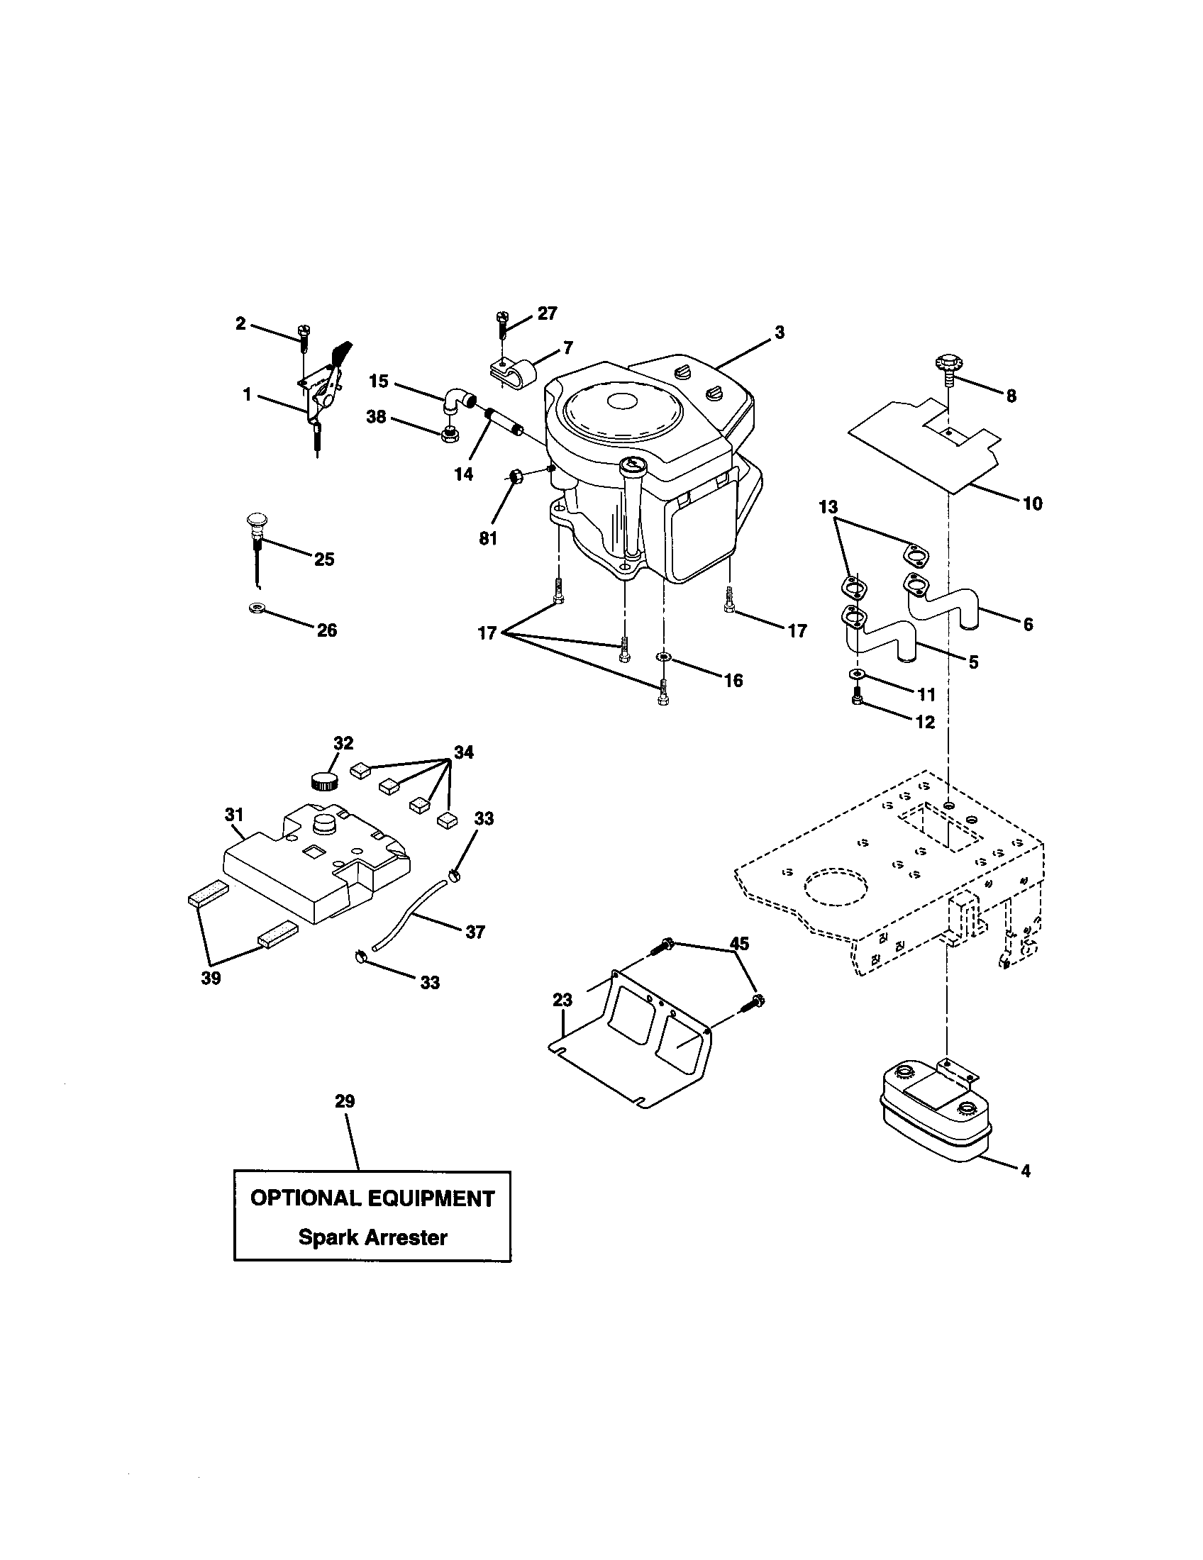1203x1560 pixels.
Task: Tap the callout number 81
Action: point(488,539)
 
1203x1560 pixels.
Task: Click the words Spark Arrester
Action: point(372,1237)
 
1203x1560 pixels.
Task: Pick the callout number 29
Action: point(344,1101)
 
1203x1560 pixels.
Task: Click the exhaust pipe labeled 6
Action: point(939,596)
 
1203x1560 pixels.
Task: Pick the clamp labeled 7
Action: point(509,372)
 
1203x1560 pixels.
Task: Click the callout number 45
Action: point(738,944)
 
